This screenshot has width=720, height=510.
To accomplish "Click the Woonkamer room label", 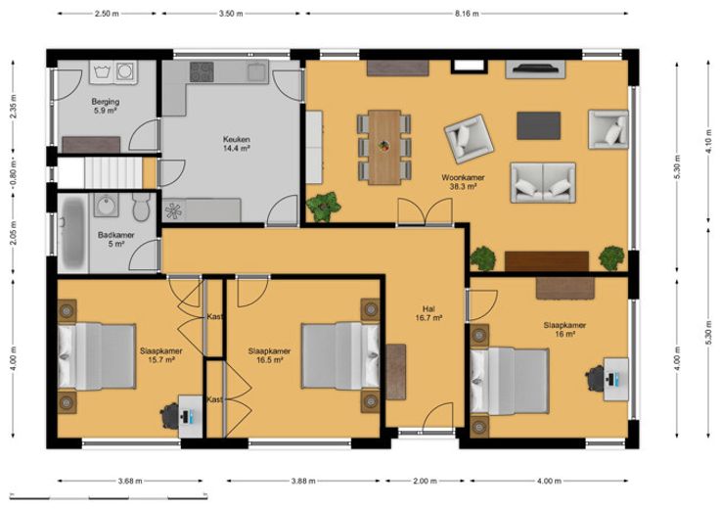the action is (x=463, y=182).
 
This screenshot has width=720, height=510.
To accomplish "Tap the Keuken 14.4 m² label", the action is (x=237, y=144).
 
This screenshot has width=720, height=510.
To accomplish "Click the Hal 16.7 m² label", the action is (x=428, y=313).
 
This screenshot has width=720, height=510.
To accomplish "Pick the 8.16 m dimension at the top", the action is (x=467, y=14).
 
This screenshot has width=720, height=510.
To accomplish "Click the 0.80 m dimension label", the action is (x=14, y=173).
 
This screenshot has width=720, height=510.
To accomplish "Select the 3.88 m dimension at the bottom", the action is (x=303, y=481).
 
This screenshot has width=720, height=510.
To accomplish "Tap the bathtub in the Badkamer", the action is (x=73, y=233).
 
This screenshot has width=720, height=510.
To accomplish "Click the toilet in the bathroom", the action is (x=141, y=207).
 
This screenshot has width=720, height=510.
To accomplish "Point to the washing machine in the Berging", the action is (x=126, y=72).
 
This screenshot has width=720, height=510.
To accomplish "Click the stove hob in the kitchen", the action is (x=202, y=71).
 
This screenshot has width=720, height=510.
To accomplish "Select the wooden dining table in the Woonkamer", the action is (x=384, y=147).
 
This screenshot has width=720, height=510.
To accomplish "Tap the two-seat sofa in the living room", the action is (x=543, y=182).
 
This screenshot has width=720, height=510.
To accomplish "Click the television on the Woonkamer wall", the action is (x=535, y=69).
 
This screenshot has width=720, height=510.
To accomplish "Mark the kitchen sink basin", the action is (x=257, y=71).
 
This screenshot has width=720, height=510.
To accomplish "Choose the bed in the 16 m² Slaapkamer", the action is (x=510, y=381).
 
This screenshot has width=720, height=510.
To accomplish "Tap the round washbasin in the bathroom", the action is (x=107, y=205).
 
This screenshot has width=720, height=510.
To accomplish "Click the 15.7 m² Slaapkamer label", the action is (x=160, y=355).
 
